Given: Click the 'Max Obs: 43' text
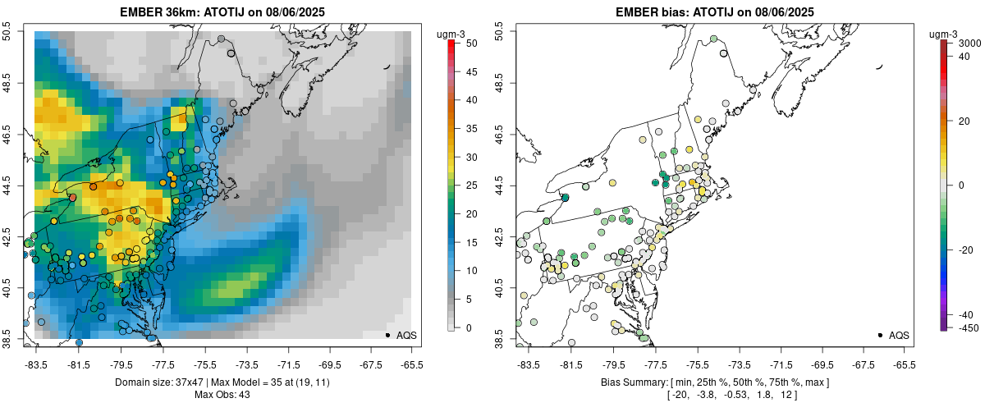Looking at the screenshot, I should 224,395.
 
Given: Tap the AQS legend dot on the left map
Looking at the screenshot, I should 387,335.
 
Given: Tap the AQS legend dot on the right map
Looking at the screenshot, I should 880,335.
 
